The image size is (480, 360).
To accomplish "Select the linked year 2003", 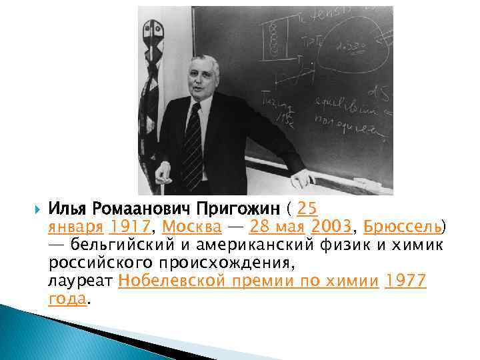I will [x=333, y=226].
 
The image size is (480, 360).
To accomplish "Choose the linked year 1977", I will [x=406, y=281].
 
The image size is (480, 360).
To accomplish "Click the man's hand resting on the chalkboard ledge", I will [x=302, y=177].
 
